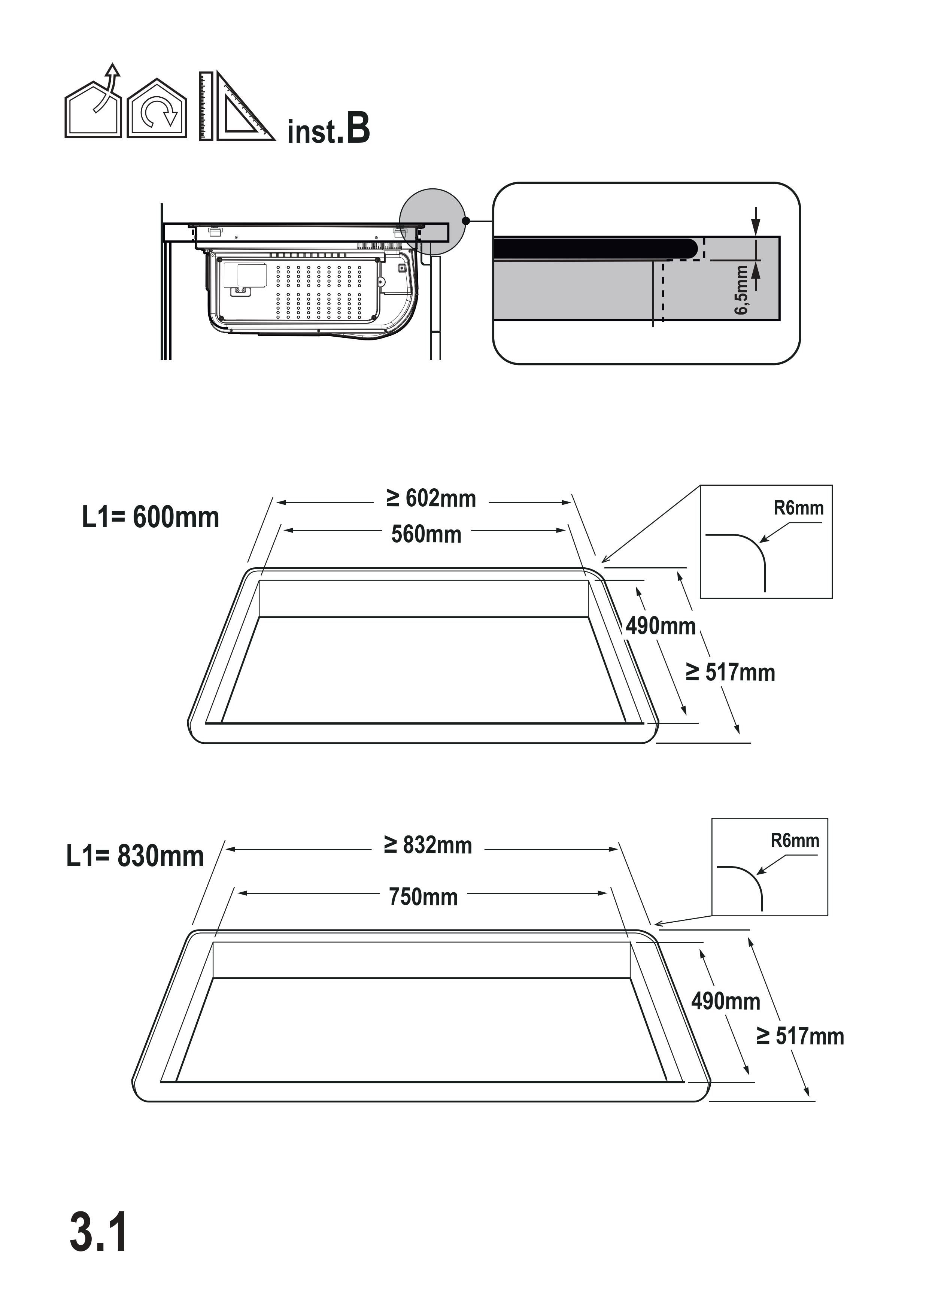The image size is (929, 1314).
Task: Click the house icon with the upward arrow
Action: click(x=93, y=106)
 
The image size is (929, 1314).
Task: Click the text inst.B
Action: click(x=328, y=129)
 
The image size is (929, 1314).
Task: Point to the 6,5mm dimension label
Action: click(x=742, y=289)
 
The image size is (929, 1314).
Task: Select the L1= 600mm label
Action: click(x=151, y=518)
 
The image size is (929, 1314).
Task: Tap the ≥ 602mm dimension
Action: click(x=431, y=498)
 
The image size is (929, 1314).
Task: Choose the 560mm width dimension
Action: click(x=426, y=534)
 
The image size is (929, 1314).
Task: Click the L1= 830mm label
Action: click(x=135, y=856)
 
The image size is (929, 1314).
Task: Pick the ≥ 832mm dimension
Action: click(x=428, y=845)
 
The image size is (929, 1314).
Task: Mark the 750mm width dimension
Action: click(x=423, y=897)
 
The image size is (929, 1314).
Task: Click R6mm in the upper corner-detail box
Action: click(x=798, y=508)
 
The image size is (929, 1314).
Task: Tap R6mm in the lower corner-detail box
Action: click(x=795, y=840)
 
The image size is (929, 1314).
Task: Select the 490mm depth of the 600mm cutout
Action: click(x=661, y=626)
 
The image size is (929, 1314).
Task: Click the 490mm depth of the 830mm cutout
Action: click(x=726, y=1001)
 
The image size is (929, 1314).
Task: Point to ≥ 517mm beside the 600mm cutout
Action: click(x=731, y=673)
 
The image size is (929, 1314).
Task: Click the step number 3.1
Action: click(x=98, y=1232)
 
